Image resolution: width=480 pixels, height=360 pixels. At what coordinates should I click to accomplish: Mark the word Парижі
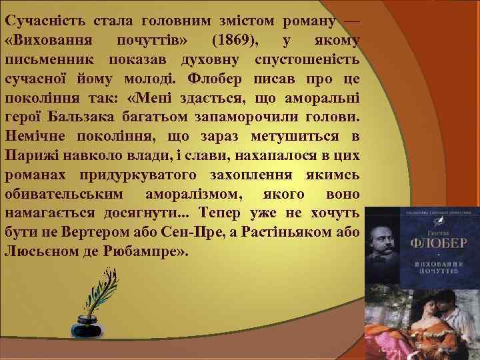coord(30,157)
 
